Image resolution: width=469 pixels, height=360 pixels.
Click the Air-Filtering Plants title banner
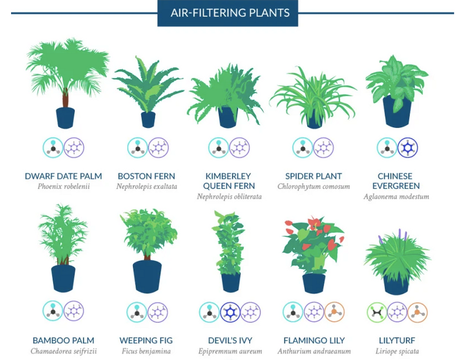[x=227, y=13]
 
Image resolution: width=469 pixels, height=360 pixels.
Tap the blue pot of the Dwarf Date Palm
[x=65, y=118]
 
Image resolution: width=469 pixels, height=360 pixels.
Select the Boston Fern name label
[x=146, y=176]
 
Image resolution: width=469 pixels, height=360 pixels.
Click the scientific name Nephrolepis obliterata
[x=229, y=196]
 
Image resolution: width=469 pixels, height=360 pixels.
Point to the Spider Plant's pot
[x=314, y=120]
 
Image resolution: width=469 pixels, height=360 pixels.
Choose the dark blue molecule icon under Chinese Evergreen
[x=407, y=148]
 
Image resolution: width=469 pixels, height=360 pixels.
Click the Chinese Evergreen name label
[x=396, y=181]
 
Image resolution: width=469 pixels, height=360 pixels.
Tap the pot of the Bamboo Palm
[x=63, y=279]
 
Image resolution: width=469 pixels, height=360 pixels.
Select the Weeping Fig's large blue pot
[x=147, y=277]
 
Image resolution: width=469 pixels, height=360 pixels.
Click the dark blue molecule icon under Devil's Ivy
[x=230, y=312]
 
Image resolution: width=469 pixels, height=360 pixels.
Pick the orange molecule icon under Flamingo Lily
[x=334, y=312]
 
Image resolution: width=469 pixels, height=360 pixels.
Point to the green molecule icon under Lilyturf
[x=377, y=312]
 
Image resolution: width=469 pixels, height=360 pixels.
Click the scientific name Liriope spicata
[x=397, y=351]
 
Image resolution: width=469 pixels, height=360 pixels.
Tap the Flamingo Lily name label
[x=314, y=340]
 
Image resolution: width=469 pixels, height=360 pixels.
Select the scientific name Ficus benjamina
[x=146, y=351]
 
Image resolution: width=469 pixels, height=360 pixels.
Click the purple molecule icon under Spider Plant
[x=324, y=148]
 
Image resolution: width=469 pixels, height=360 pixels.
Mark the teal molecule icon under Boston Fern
[x=137, y=148]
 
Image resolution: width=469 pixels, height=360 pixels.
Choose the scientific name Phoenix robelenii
[x=63, y=186]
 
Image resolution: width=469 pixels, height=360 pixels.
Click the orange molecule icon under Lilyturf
[x=417, y=312]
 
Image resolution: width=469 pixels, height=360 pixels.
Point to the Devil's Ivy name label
[x=230, y=340]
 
